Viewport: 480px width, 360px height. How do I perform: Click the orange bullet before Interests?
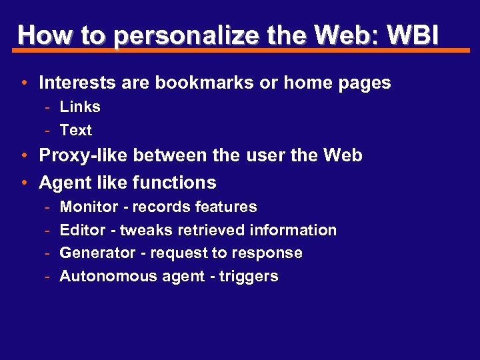coord(23,83)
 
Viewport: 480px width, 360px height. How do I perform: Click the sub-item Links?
coord(80,107)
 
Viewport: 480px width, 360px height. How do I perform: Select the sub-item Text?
coord(76,130)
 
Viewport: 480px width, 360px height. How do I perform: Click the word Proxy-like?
coord(83,155)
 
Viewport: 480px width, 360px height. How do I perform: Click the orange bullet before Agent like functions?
coord(23,183)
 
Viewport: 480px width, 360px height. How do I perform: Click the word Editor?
coord(83,230)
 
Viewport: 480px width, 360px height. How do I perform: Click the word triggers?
coord(249,276)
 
